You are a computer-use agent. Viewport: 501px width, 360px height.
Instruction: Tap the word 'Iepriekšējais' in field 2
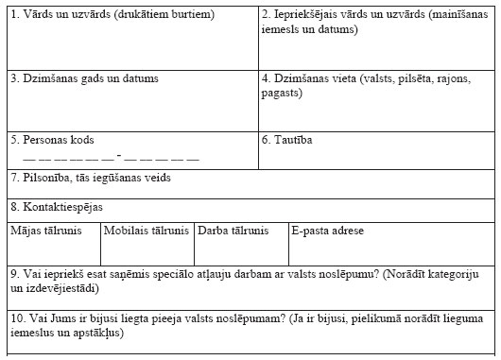coord(304,15)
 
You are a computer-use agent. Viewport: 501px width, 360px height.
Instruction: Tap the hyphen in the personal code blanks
coord(118,156)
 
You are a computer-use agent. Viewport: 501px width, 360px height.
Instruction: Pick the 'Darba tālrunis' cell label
coord(233,230)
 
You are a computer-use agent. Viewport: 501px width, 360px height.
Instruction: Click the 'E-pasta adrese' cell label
coord(328,230)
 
